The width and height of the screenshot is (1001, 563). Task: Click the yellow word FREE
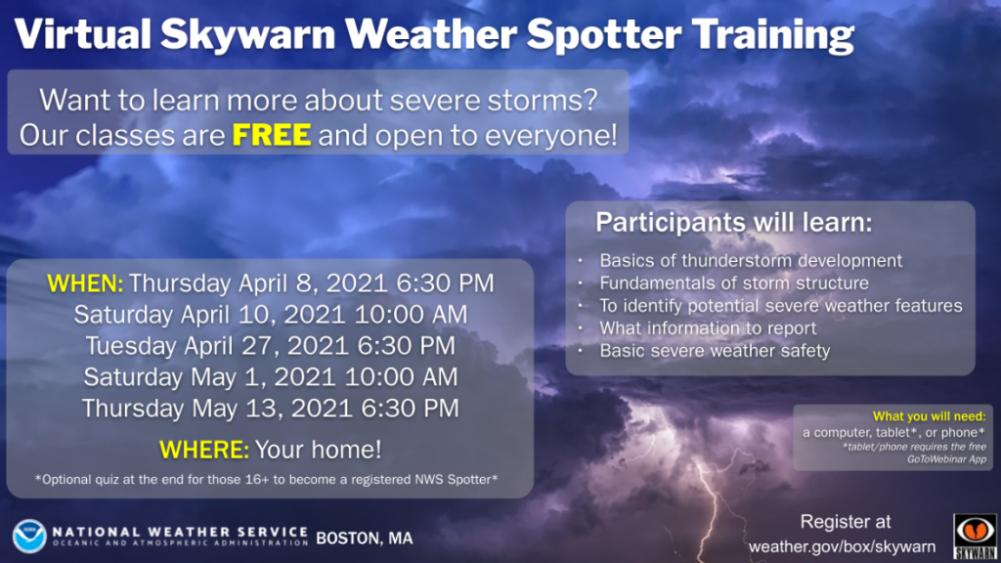pos(272,135)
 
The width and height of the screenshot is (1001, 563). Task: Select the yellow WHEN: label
pos(86,283)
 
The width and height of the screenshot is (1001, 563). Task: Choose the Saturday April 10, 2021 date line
pos(270,315)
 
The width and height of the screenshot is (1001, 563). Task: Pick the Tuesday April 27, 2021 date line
pos(270,345)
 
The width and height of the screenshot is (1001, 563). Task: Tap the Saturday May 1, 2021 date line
pos(270,376)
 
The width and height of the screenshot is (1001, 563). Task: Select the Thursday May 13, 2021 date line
pos(270,408)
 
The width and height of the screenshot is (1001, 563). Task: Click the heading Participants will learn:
pos(733,222)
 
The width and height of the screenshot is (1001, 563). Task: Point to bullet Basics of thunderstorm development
pos(751,261)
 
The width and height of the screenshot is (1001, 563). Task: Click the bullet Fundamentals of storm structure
pos(733,283)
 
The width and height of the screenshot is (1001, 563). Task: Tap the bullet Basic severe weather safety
pos(715,351)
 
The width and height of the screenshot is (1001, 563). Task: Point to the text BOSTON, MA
pos(364,538)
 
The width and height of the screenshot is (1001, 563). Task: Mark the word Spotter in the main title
pos(605,35)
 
